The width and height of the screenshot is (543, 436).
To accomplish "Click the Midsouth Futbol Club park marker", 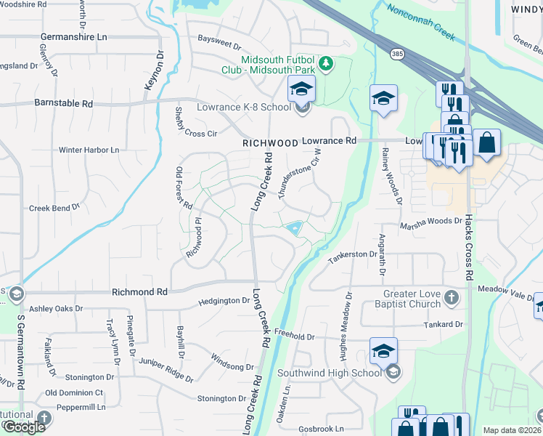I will coord(327,64).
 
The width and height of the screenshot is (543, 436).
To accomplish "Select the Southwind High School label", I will coord(338,374).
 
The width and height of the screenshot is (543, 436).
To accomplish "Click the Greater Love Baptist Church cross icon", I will coord(452,296).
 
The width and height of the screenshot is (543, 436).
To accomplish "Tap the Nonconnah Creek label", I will coord(421,20).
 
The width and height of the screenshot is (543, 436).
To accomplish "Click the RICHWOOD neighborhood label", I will coord(269,144).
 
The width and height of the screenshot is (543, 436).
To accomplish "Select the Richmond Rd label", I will coord(139,291).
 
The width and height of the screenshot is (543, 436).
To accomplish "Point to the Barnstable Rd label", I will coord(64,104).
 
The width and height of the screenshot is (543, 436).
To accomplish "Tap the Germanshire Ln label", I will coord(74,36).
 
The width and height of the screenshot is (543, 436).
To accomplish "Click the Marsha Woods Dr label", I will coord(431,220).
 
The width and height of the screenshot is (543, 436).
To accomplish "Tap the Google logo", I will coord(23,427).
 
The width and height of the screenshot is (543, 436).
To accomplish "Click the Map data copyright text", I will coord(512,430).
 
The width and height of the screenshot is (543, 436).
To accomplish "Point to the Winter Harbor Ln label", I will coord(89,150).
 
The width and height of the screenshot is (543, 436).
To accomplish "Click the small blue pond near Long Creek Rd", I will coord(293,228).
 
